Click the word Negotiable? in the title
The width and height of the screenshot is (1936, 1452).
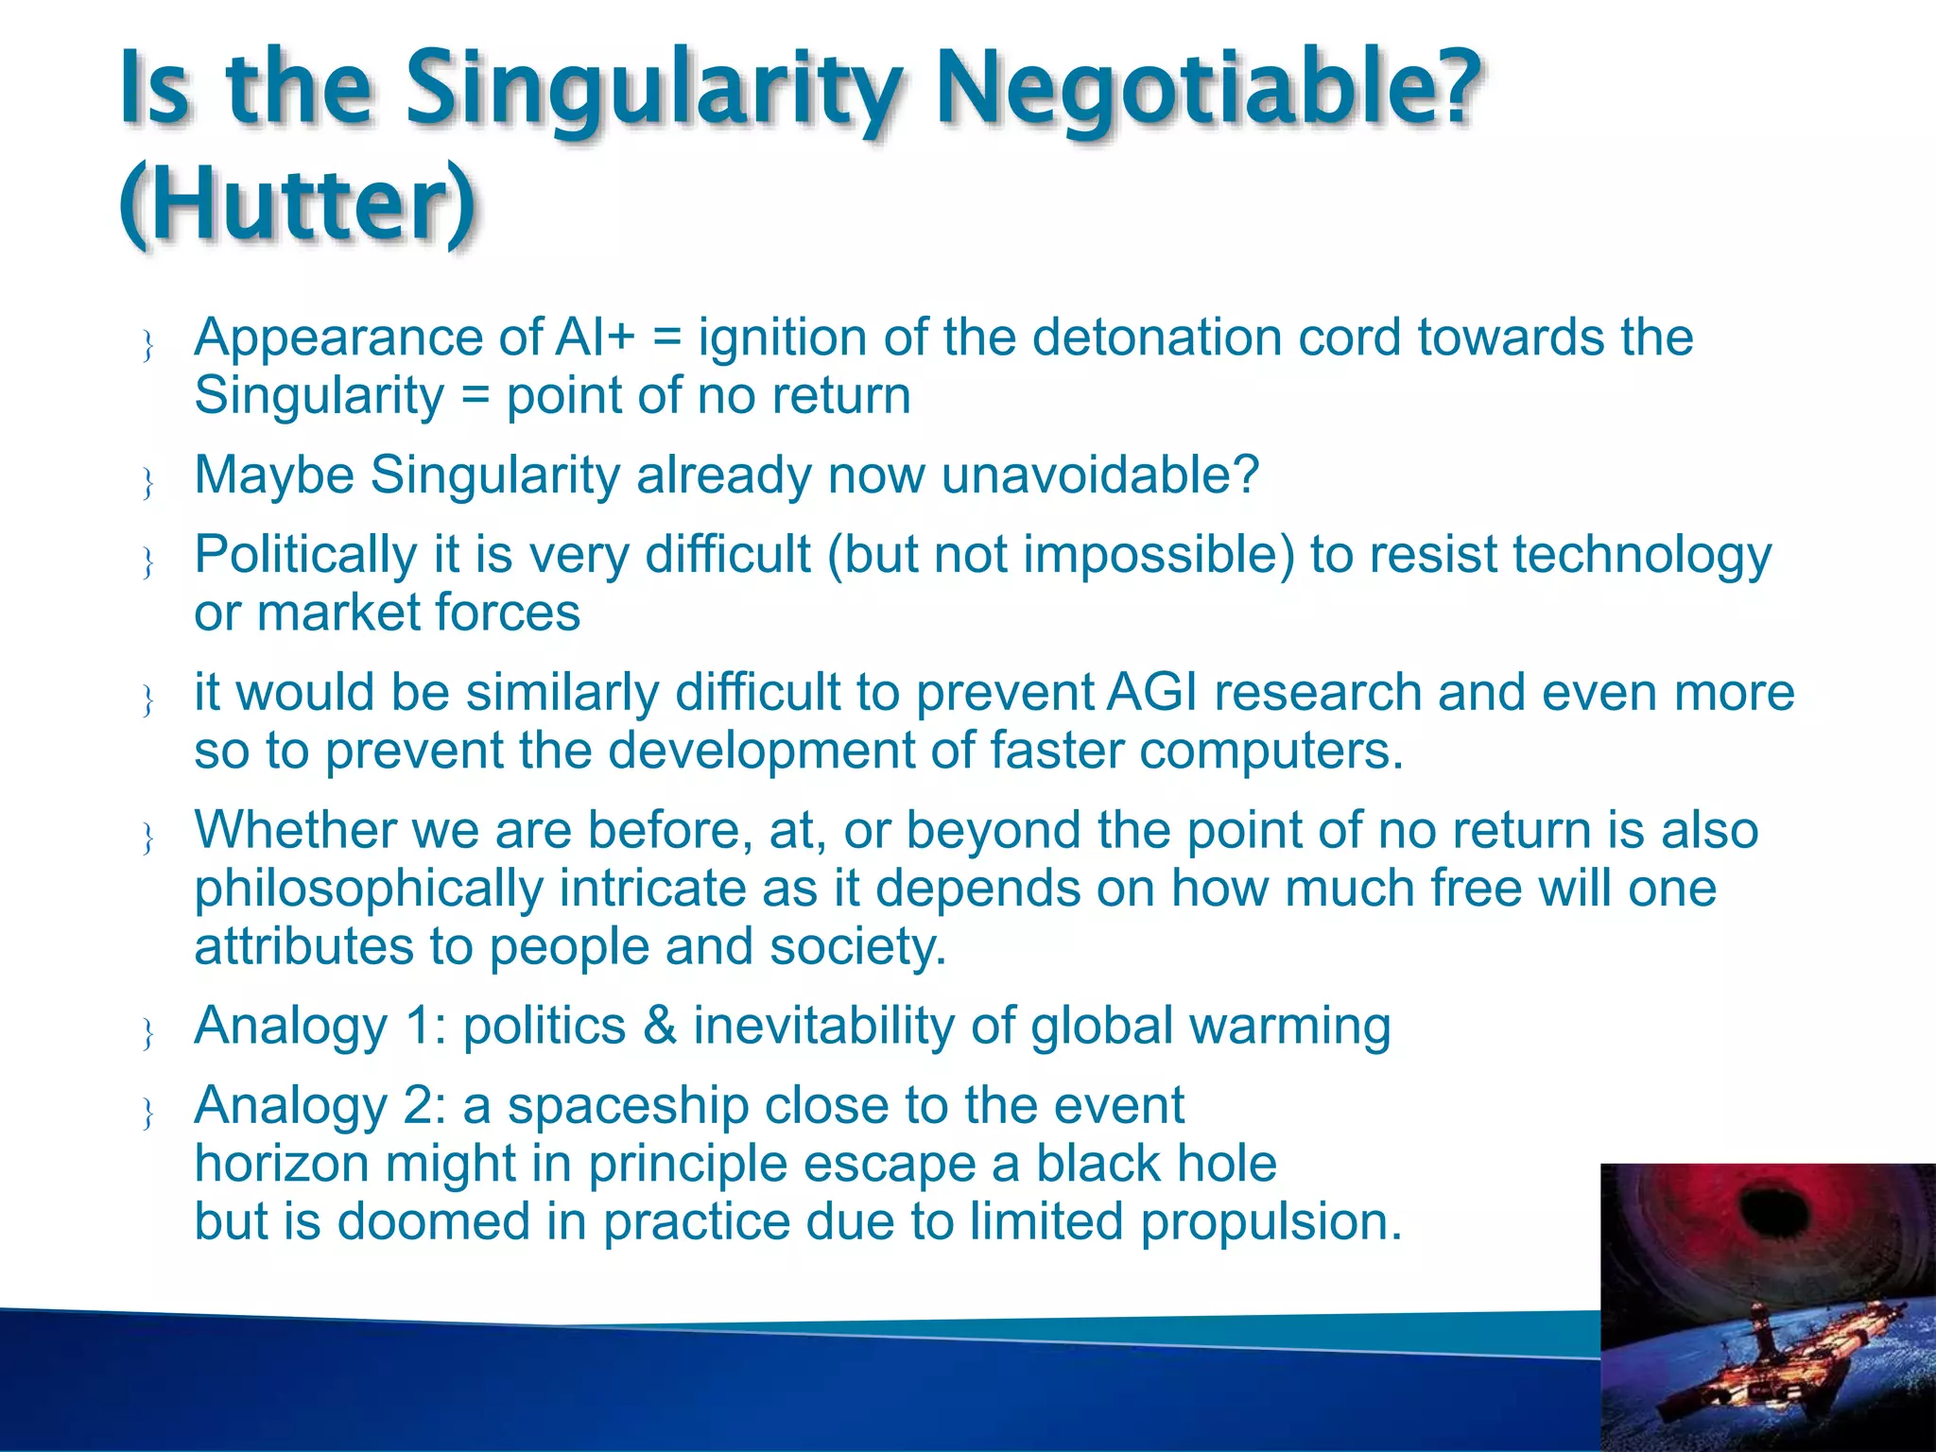pos(1207,90)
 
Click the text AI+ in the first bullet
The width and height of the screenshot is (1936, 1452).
pos(595,337)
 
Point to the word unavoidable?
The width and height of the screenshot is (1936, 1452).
pos(1099,475)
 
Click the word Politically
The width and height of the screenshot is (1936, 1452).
pos(304,555)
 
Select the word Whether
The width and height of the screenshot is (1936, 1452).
pos(294,831)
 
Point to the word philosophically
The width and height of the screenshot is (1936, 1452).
pos(369,890)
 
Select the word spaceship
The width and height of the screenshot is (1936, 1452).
pos(628,1106)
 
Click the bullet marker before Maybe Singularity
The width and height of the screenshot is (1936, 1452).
pos(147,484)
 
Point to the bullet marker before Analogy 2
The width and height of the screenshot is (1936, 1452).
pos(147,1115)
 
